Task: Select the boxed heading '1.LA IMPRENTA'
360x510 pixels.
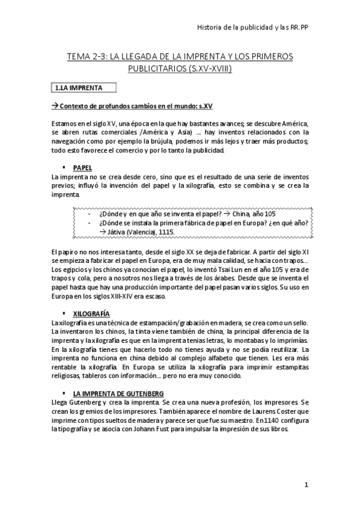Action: click(x=78, y=88)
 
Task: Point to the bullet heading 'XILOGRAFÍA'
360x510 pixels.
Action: click(x=91, y=314)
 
